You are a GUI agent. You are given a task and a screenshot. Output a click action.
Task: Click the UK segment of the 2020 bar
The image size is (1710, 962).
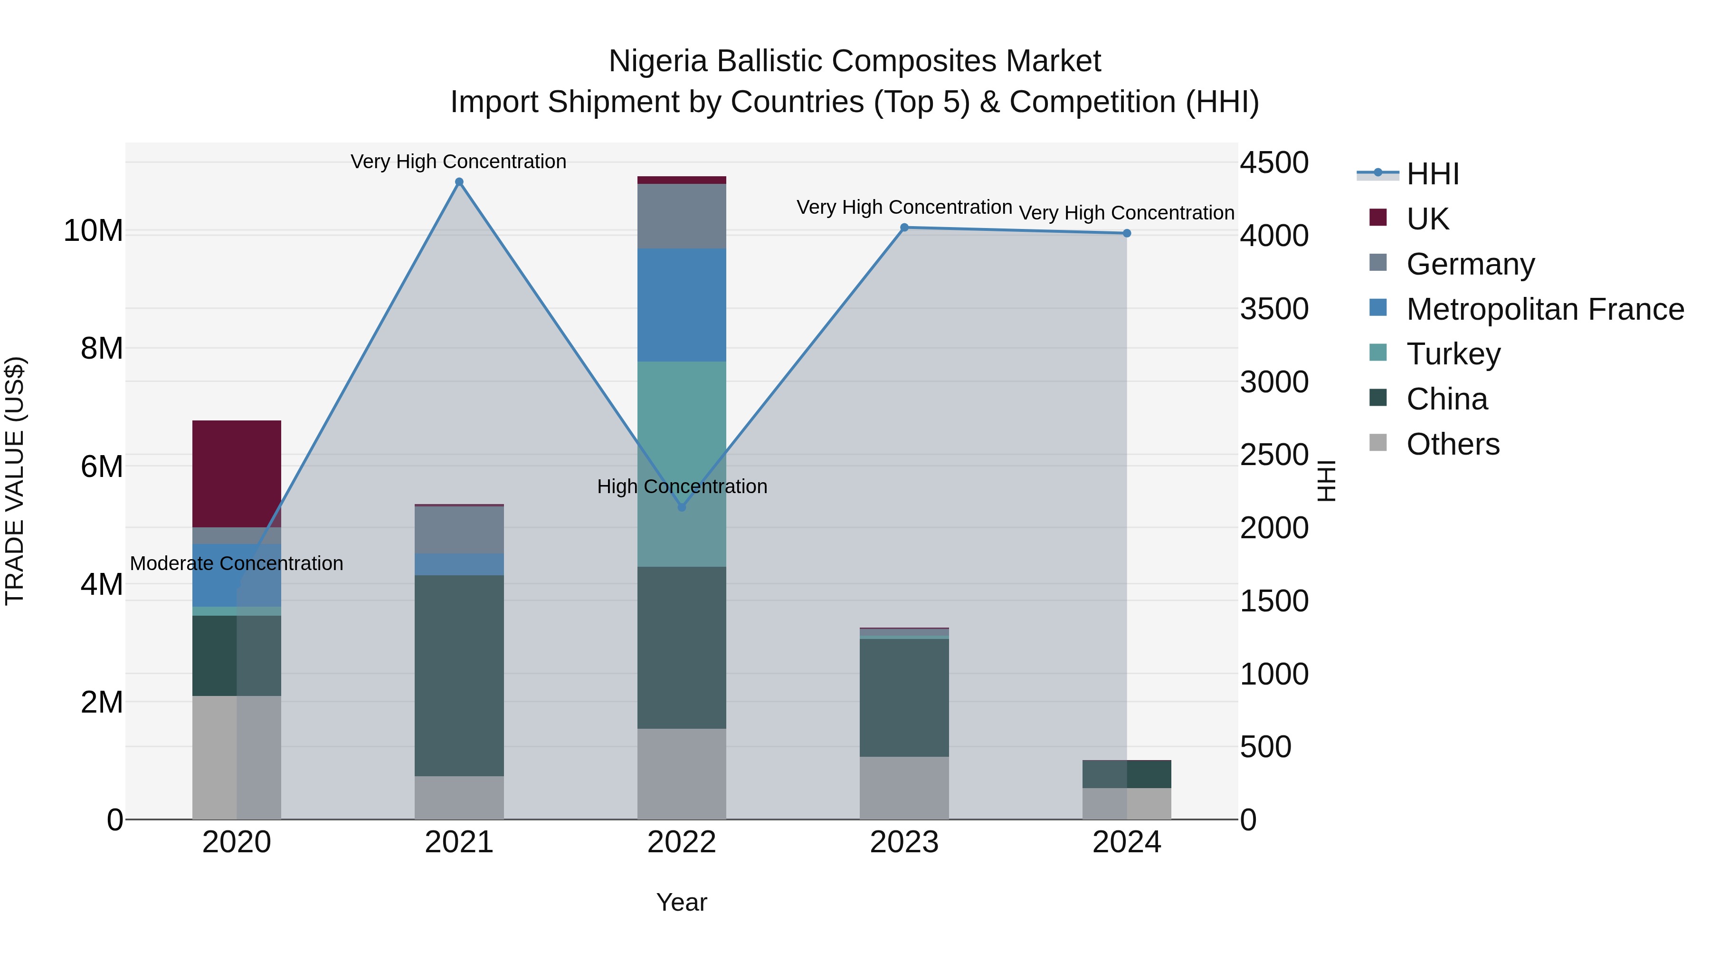[x=237, y=473]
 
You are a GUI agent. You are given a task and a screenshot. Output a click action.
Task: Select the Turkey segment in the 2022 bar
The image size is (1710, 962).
[x=681, y=463]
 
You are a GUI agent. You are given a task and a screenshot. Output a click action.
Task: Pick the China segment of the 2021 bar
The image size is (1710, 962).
[x=459, y=675]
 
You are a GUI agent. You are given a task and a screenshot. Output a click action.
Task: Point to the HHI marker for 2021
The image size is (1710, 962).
[x=459, y=182]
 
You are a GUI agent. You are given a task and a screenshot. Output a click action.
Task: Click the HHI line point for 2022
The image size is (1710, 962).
[x=681, y=507]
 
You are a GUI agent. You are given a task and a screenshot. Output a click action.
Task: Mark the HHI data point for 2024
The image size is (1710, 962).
[x=1127, y=233]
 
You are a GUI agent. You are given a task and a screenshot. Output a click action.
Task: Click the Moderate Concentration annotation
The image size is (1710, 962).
[x=237, y=563]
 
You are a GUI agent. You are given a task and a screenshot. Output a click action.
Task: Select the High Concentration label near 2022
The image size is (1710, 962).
[x=682, y=486]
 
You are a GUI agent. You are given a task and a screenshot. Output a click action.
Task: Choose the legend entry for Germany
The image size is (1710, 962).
[x=1470, y=264]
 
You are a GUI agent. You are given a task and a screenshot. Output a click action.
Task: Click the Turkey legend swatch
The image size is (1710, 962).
[x=1377, y=352]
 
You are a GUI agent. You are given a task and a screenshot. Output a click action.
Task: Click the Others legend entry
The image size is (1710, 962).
[x=1453, y=444]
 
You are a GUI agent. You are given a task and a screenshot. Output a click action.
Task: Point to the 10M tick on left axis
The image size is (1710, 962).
[x=93, y=230]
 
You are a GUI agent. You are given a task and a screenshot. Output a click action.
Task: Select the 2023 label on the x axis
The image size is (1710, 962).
[x=903, y=842]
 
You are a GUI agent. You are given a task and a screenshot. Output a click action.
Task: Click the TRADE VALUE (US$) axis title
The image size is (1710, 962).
[x=15, y=481]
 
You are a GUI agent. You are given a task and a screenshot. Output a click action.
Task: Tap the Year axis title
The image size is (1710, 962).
[x=681, y=902]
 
